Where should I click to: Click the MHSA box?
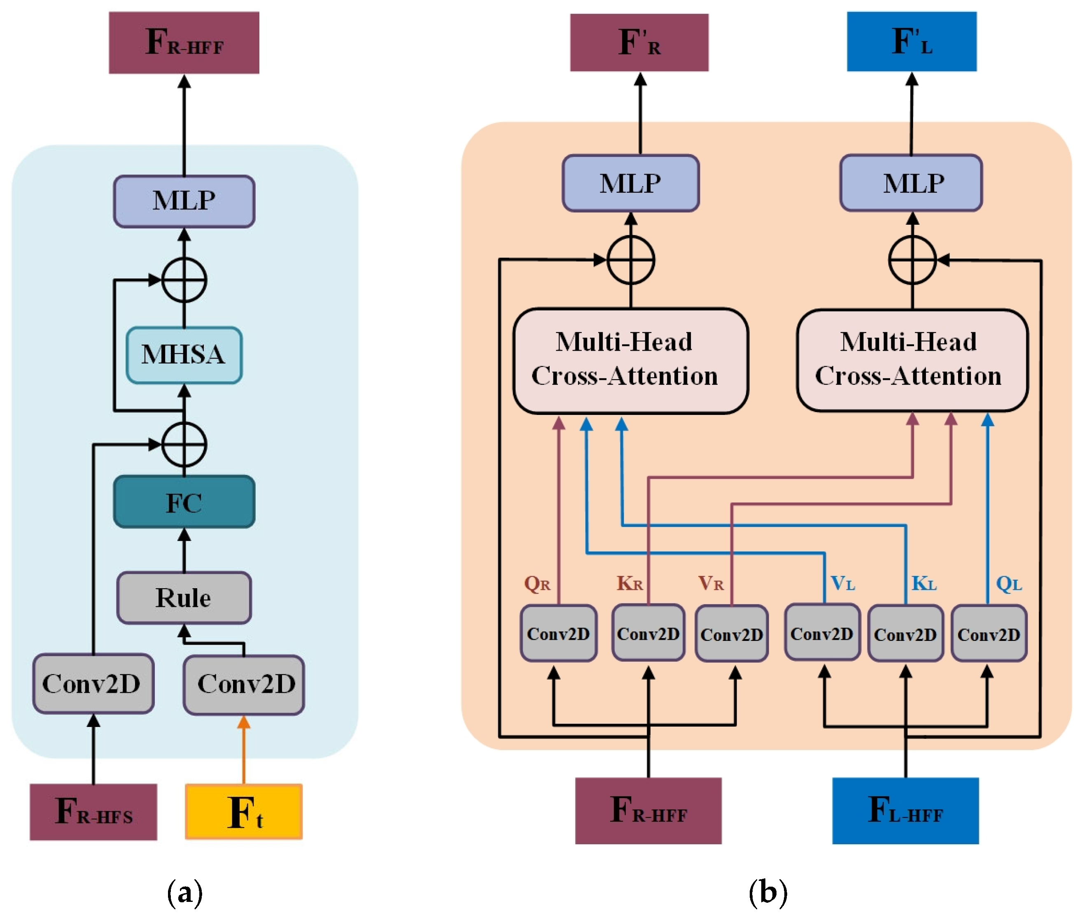pyautogui.click(x=184, y=355)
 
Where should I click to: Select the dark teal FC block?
pyautogui.click(x=184, y=502)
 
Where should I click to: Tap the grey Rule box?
pyautogui.click(x=184, y=598)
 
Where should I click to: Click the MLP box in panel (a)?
pyautogui.click(x=184, y=201)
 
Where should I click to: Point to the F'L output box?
pyautogui.click(x=912, y=42)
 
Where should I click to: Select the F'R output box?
pyautogui.click(x=639, y=43)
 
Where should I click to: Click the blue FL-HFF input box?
pyautogui.click(x=905, y=811)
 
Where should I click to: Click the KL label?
pyautogui.click(x=923, y=583)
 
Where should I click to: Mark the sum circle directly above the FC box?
pyautogui.click(x=184, y=444)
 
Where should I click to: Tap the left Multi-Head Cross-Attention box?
pyautogui.click(x=631, y=361)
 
